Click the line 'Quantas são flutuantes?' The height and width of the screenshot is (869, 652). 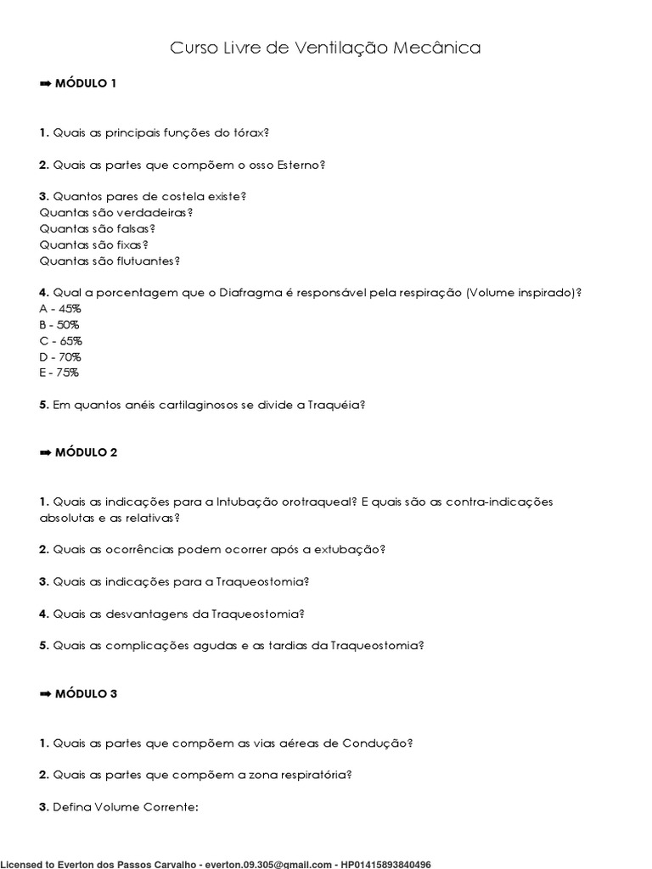[x=110, y=261]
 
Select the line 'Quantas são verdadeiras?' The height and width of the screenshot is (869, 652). [x=115, y=212]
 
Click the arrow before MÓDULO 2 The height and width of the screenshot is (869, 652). [x=46, y=452]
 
